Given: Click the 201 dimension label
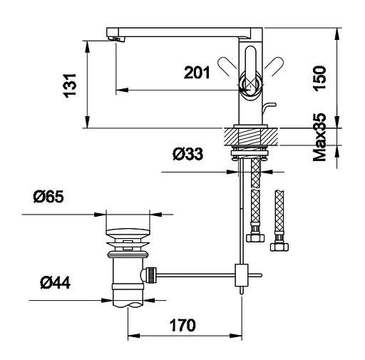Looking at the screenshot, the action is click(197, 73).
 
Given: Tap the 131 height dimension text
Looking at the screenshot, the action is click(70, 86).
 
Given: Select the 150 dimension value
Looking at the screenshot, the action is click(319, 78).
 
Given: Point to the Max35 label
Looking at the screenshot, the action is click(319, 137).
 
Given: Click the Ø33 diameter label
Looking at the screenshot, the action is click(188, 154).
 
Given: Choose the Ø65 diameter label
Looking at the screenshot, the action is click(48, 197).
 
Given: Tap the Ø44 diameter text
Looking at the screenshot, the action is click(55, 282).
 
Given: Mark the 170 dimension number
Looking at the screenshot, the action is click(182, 325).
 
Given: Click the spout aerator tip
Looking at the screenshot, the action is click(115, 39).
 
